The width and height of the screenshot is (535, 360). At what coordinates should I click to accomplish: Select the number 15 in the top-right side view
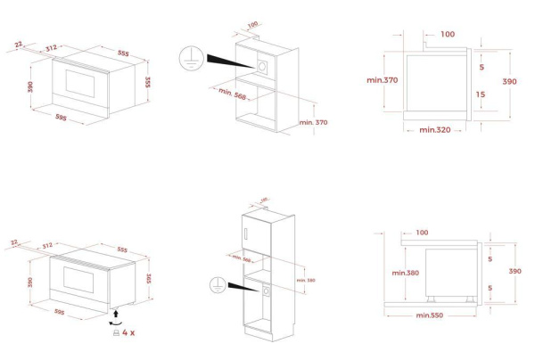click(481, 94)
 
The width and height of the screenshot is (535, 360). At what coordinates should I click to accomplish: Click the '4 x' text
click(128, 332)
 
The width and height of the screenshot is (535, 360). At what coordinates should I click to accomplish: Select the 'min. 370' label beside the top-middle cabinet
click(314, 120)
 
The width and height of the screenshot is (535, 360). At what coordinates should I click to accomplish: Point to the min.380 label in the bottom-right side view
click(405, 272)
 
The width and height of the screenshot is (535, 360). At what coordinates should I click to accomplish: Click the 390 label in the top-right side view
click(510, 81)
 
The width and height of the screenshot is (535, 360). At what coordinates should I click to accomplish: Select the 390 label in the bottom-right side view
click(514, 271)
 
